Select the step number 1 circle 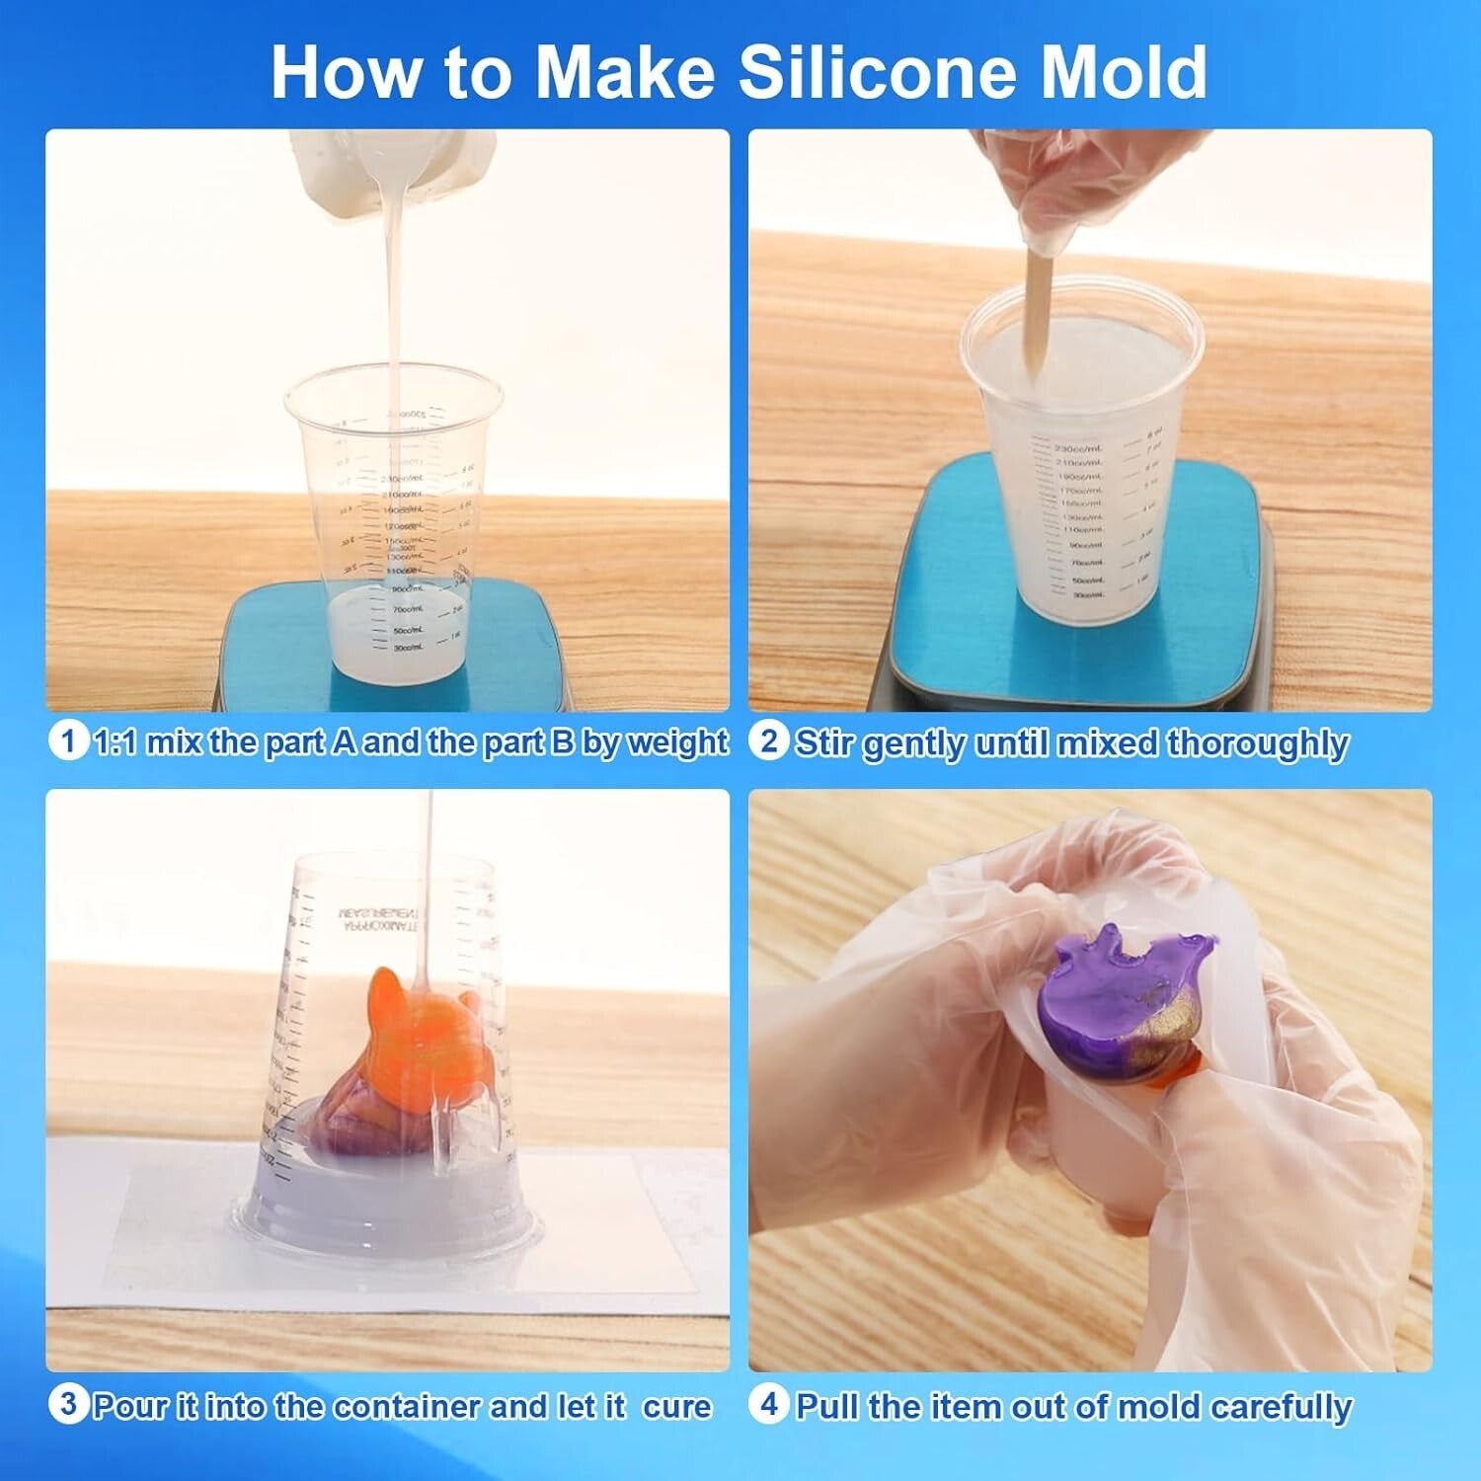[66, 740]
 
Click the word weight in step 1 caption [677, 742]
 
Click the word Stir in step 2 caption [825, 742]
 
